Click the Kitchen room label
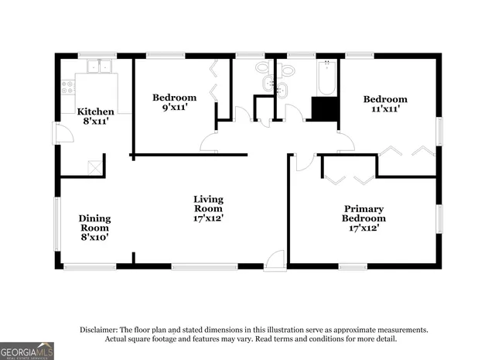96,111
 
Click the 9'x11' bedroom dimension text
174,108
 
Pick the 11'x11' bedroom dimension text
385,109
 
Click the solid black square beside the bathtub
324,108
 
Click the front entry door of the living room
275,261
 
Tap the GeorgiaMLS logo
27,351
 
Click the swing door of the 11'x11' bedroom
345,142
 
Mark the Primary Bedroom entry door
304,162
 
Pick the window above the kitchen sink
97,56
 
